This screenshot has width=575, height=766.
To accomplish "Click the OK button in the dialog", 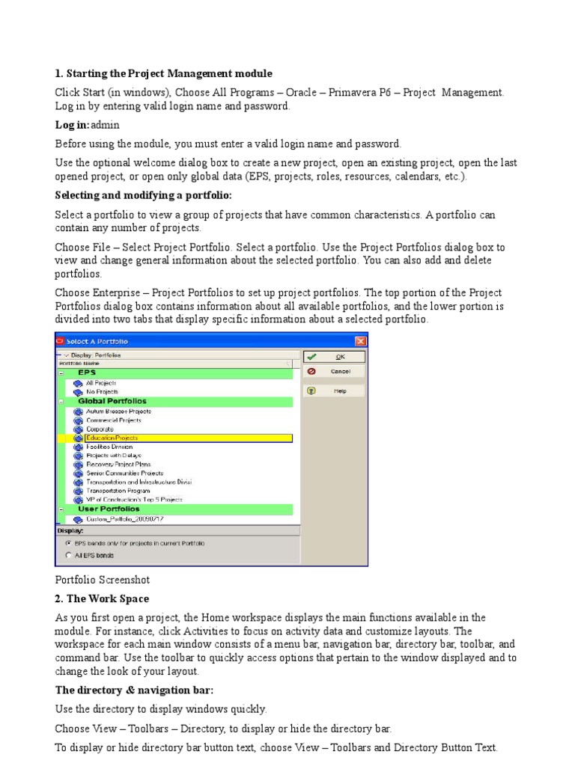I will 333,358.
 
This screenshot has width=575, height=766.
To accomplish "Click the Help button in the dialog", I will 333,390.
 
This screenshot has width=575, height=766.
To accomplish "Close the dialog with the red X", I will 360,341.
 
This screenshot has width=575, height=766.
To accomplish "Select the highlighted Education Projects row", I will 112,438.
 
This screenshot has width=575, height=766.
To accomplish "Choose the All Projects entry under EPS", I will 100,382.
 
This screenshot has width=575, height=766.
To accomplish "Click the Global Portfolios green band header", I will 112,401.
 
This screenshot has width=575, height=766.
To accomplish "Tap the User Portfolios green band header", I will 109,509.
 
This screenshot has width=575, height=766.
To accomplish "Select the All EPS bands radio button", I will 69,555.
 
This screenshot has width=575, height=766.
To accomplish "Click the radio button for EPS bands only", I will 69,542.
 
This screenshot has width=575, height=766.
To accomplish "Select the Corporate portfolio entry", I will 99,429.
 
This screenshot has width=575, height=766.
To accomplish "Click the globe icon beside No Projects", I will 77,391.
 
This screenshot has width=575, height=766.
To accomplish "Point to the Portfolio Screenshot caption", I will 97,580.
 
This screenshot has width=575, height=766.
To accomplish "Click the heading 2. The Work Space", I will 102,598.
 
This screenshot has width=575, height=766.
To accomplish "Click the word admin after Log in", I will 105,125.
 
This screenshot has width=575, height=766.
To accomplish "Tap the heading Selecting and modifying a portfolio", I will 144,195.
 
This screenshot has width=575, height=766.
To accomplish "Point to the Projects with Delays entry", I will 113,455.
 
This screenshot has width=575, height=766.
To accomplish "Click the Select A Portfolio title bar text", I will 97,341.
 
